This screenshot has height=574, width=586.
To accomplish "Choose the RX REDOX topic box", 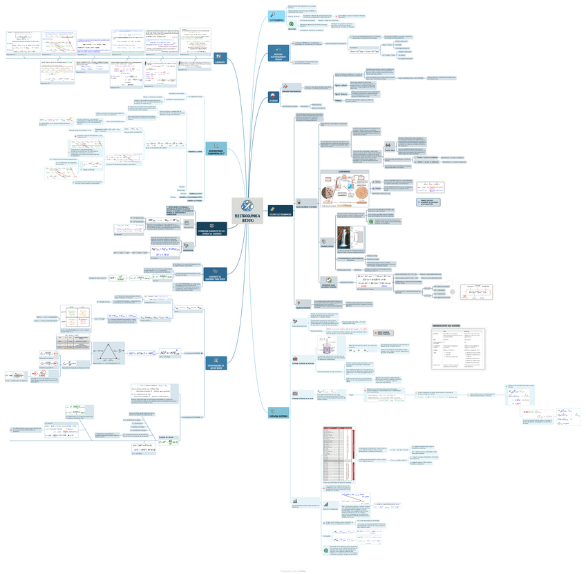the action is pos(274,97).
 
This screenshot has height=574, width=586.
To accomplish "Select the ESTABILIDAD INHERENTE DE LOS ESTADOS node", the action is pos(211,229).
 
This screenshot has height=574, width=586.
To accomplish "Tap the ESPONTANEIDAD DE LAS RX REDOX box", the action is pos(216,362).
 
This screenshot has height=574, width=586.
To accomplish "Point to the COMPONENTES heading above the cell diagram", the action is pos(344,171).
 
